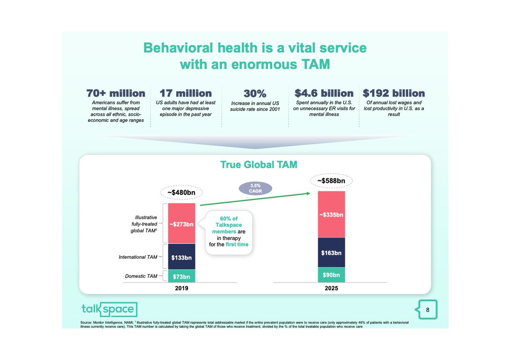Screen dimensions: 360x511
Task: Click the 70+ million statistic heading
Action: pos(116,93)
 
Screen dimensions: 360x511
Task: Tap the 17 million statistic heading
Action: pos(185,93)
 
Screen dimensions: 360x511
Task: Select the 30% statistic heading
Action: pos(255,94)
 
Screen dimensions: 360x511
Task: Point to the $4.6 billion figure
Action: pos(324,93)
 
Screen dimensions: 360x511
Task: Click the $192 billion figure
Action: pos(393,93)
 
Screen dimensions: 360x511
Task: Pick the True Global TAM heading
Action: pos(258,165)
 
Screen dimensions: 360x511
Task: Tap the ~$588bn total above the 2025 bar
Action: pos(331,181)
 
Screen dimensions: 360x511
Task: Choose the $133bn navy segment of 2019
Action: pos(182,257)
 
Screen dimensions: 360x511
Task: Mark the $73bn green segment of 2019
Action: pos(182,276)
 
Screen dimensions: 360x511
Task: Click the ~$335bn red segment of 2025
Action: pos(331,214)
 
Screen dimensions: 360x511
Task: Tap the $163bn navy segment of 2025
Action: pos(331,253)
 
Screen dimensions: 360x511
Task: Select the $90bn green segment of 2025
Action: pos(331,275)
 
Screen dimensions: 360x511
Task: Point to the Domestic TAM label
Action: pos(141,276)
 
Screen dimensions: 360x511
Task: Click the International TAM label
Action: pos(138,257)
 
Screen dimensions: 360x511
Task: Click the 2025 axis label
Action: pos(331,288)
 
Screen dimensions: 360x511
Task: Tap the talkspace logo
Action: pos(109,309)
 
